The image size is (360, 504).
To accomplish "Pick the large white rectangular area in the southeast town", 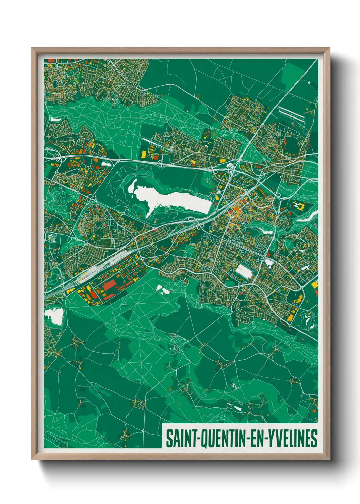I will coord(244,271).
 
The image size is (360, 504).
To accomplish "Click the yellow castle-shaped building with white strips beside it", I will coord(300,206).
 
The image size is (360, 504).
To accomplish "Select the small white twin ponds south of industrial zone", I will coord(163,290).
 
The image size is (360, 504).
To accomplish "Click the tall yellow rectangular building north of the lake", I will coord(143,154).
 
